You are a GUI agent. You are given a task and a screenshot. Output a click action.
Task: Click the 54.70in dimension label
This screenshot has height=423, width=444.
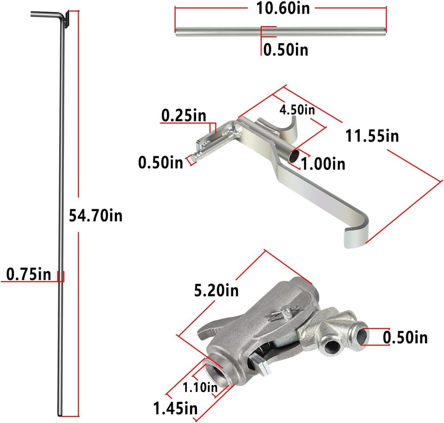coord(95,215)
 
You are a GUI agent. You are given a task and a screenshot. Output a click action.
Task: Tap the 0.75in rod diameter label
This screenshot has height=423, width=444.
coord(28,274)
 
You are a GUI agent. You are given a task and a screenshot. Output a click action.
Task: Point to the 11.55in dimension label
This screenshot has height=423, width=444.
coord(372,136)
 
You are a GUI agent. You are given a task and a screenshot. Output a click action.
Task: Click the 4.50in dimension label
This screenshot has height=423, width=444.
coord(297,110)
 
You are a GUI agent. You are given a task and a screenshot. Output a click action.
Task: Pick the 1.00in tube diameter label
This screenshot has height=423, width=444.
coord(323,163)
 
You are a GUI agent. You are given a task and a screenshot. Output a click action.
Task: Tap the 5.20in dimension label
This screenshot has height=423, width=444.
coord(216,291)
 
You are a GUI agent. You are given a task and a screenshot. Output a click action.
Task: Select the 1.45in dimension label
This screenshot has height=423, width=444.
coord(176,409)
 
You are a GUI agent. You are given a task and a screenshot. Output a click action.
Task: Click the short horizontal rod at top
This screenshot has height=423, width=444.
coord(280,31)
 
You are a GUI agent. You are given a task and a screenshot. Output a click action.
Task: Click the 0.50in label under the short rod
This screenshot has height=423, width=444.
coord(285,50)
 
